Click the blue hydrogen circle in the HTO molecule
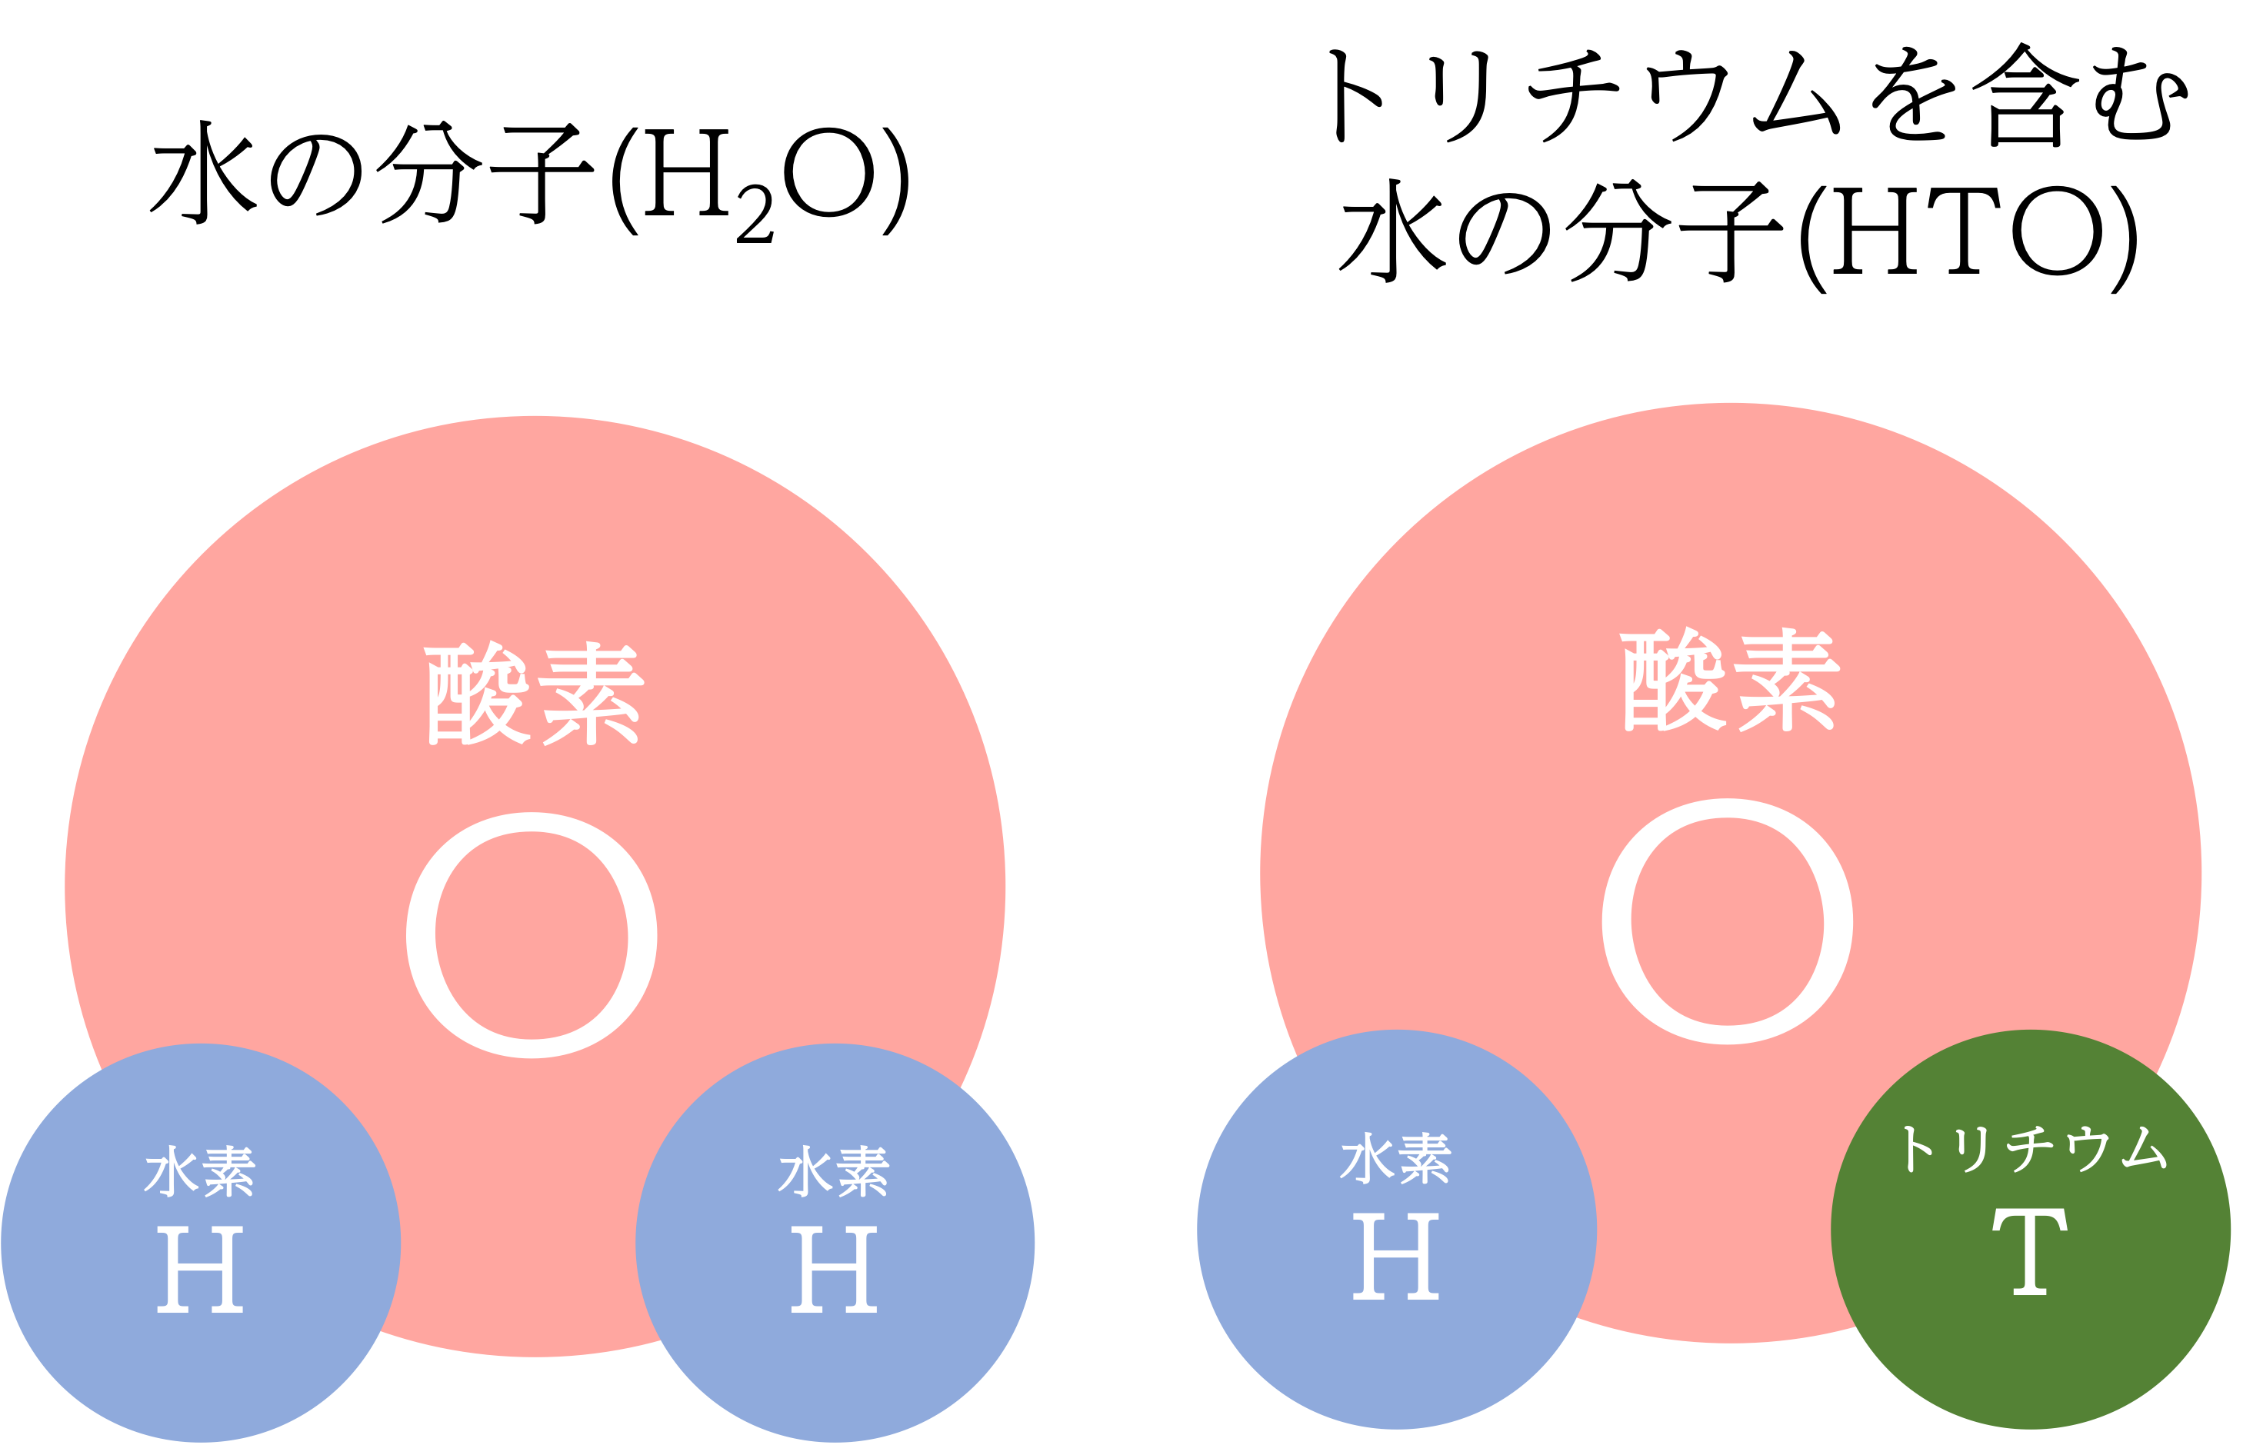tap(1397, 1230)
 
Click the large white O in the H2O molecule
tap(532, 936)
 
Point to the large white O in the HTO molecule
tap(1728, 922)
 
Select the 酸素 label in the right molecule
tap(1730, 679)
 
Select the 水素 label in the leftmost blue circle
tap(200, 1170)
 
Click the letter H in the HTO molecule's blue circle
tap(1395, 1256)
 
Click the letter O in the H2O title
tap(829, 173)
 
